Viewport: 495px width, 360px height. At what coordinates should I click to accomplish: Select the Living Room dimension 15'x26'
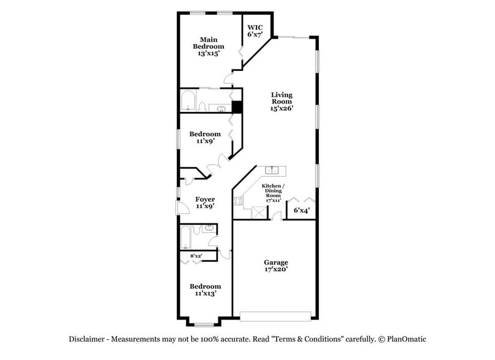[x=282, y=109]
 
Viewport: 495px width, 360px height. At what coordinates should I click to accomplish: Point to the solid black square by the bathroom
[x=237, y=107]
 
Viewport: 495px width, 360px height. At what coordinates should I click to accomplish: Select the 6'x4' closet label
[x=301, y=211]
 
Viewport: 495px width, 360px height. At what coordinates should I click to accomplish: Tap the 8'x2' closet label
[x=195, y=255]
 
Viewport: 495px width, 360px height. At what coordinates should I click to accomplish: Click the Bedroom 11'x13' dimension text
[x=204, y=293]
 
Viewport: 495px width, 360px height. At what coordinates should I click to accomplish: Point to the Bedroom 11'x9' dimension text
[x=204, y=141]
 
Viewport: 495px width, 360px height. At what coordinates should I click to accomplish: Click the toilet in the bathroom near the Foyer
[x=197, y=231]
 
